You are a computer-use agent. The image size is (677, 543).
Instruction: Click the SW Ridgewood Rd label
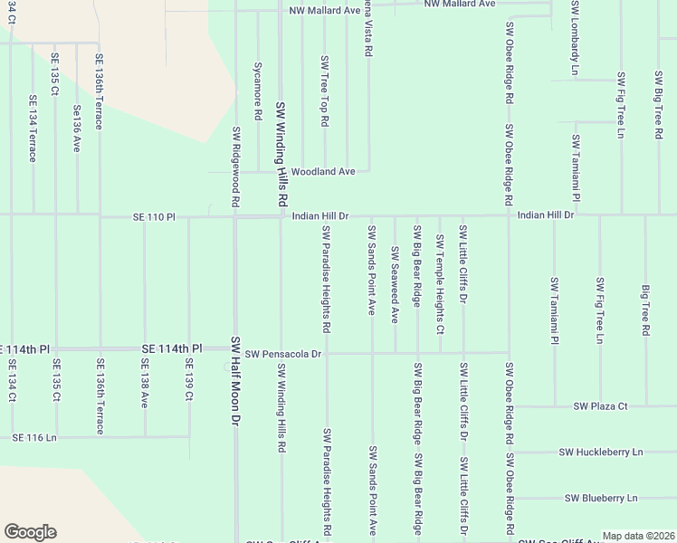point(235,167)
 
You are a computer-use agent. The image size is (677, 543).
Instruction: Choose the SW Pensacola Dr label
point(283,353)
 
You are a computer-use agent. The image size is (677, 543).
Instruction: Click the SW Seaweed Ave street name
point(395,284)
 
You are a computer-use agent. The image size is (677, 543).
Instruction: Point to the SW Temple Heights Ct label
point(440,284)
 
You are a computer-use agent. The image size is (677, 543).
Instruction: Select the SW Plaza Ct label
point(600,406)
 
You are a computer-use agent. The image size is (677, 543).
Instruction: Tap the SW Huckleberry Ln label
point(600,452)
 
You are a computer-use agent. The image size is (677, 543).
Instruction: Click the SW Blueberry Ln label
point(601,498)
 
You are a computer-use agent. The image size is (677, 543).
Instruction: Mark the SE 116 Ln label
point(34,437)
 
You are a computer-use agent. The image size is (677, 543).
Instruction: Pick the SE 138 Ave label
point(144,385)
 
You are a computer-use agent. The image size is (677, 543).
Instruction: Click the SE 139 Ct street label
point(189,383)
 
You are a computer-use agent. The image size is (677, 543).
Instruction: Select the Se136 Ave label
point(77,128)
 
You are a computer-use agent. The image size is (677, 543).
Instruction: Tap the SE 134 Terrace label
point(33,128)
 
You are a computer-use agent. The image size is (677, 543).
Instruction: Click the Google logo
point(30,532)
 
